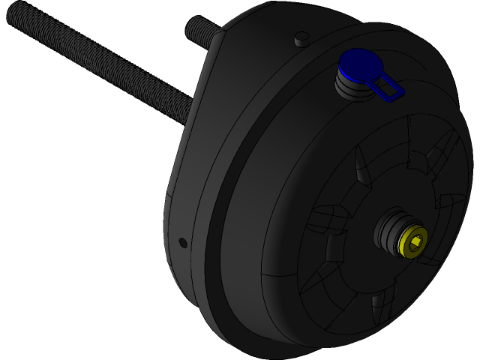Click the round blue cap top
pyautogui.click(x=358, y=64)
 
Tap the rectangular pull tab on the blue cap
pyautogui.click(x=390, y=88)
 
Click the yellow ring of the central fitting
pyautogui.click(x=413, y=241)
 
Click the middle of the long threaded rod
pyautogui.click(x=97, y=63)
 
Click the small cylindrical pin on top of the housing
pyautogui.click(x=301, y=37)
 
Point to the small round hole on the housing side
pyautogui.click(x=182, y=242)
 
